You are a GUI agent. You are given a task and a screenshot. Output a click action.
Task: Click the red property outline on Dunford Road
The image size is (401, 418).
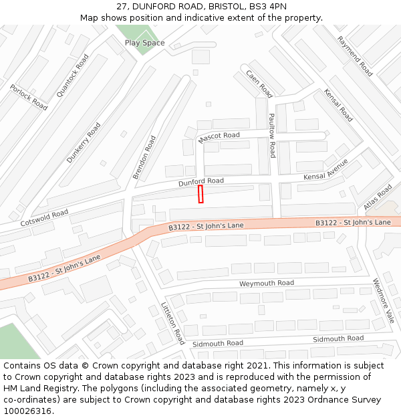click(200, 194)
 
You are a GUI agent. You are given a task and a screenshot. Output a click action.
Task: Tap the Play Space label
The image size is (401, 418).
click(144, 43)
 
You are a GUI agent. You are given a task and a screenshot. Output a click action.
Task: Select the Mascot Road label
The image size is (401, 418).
click(219, 137)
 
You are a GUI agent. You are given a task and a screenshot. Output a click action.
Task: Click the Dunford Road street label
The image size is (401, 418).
click(200, 181)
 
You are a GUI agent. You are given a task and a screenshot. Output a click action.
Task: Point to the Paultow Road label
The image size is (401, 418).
click(272, 135)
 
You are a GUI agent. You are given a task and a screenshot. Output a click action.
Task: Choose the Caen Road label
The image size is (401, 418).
click(259, 84)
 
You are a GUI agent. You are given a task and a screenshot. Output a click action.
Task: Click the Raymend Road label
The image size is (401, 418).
click(355, 56)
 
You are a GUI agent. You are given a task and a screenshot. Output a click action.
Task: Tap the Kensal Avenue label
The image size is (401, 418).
click(326, 170)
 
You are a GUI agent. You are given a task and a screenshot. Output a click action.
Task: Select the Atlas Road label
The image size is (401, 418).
click(379, 197)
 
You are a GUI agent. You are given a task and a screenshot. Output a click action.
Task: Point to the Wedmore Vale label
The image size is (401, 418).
click(384, 300)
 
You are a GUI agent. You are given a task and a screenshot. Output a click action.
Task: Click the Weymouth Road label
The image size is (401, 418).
click(267, 284)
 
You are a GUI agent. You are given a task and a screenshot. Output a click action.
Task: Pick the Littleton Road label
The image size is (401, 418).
click(172, 322)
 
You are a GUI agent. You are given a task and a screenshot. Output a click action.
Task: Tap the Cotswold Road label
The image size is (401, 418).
click(44, 217)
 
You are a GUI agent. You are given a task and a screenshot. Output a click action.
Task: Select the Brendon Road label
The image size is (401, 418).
click(144, 157)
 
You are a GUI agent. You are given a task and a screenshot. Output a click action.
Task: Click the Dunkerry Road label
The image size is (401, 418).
click(84, 142)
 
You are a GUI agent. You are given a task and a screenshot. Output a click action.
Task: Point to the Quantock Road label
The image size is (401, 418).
click(72, 76)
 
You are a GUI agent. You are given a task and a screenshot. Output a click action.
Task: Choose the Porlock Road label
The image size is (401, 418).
click(29, 98)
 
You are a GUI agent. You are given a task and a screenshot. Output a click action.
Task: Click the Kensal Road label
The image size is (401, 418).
click(338, 105)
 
